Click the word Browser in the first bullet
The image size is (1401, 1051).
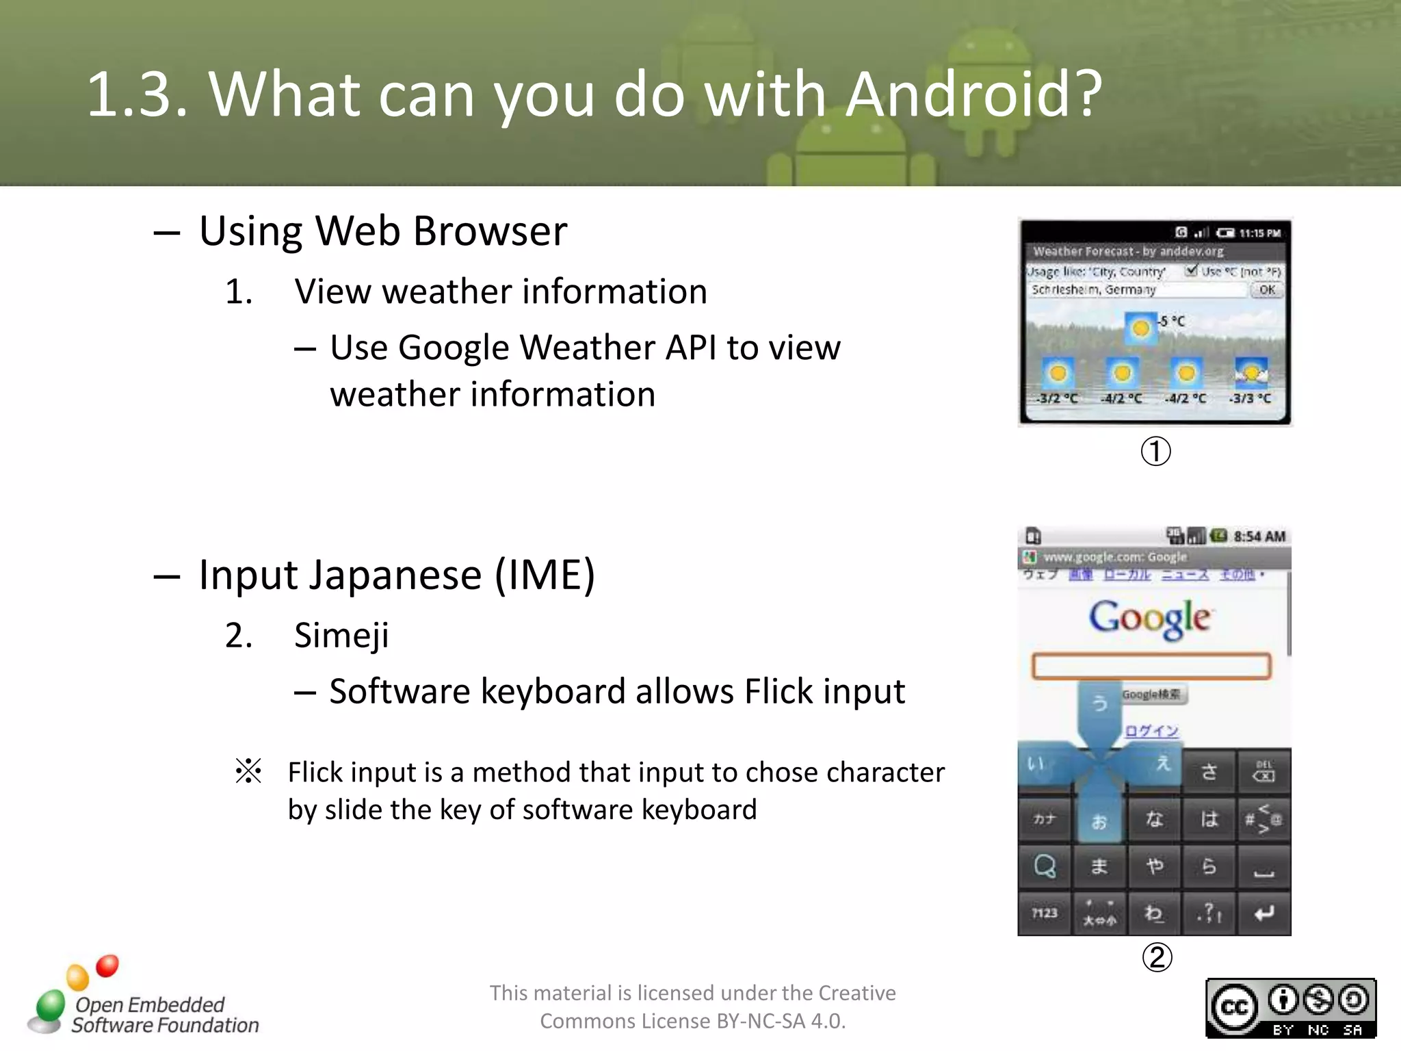[x=490, y=231]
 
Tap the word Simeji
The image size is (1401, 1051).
[x=341, y=636]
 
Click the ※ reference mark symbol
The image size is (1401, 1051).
[x=248, y=771]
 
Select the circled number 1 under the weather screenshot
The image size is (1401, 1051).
[x=1155, y=452]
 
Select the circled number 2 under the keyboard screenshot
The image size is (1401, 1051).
[x=1157, y=957]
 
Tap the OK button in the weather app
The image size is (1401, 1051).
[x=1267, y=290]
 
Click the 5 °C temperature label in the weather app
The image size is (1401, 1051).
[x=1172, y=321]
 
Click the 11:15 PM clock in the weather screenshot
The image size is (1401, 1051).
[x=1259, y=233]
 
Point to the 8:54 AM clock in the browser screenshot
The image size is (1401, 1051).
[x=1259, y=536]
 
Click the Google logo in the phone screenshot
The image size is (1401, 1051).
[x=1150, y=619]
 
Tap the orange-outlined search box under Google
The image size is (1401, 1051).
[x=1151, y=666]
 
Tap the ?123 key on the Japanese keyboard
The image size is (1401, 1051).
[x=1045, y=913]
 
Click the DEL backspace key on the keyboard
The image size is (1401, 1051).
[x=1263, y=772]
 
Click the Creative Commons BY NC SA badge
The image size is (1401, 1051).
[x=1291, y=1008]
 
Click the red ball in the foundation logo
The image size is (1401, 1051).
[x=107, y=965]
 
